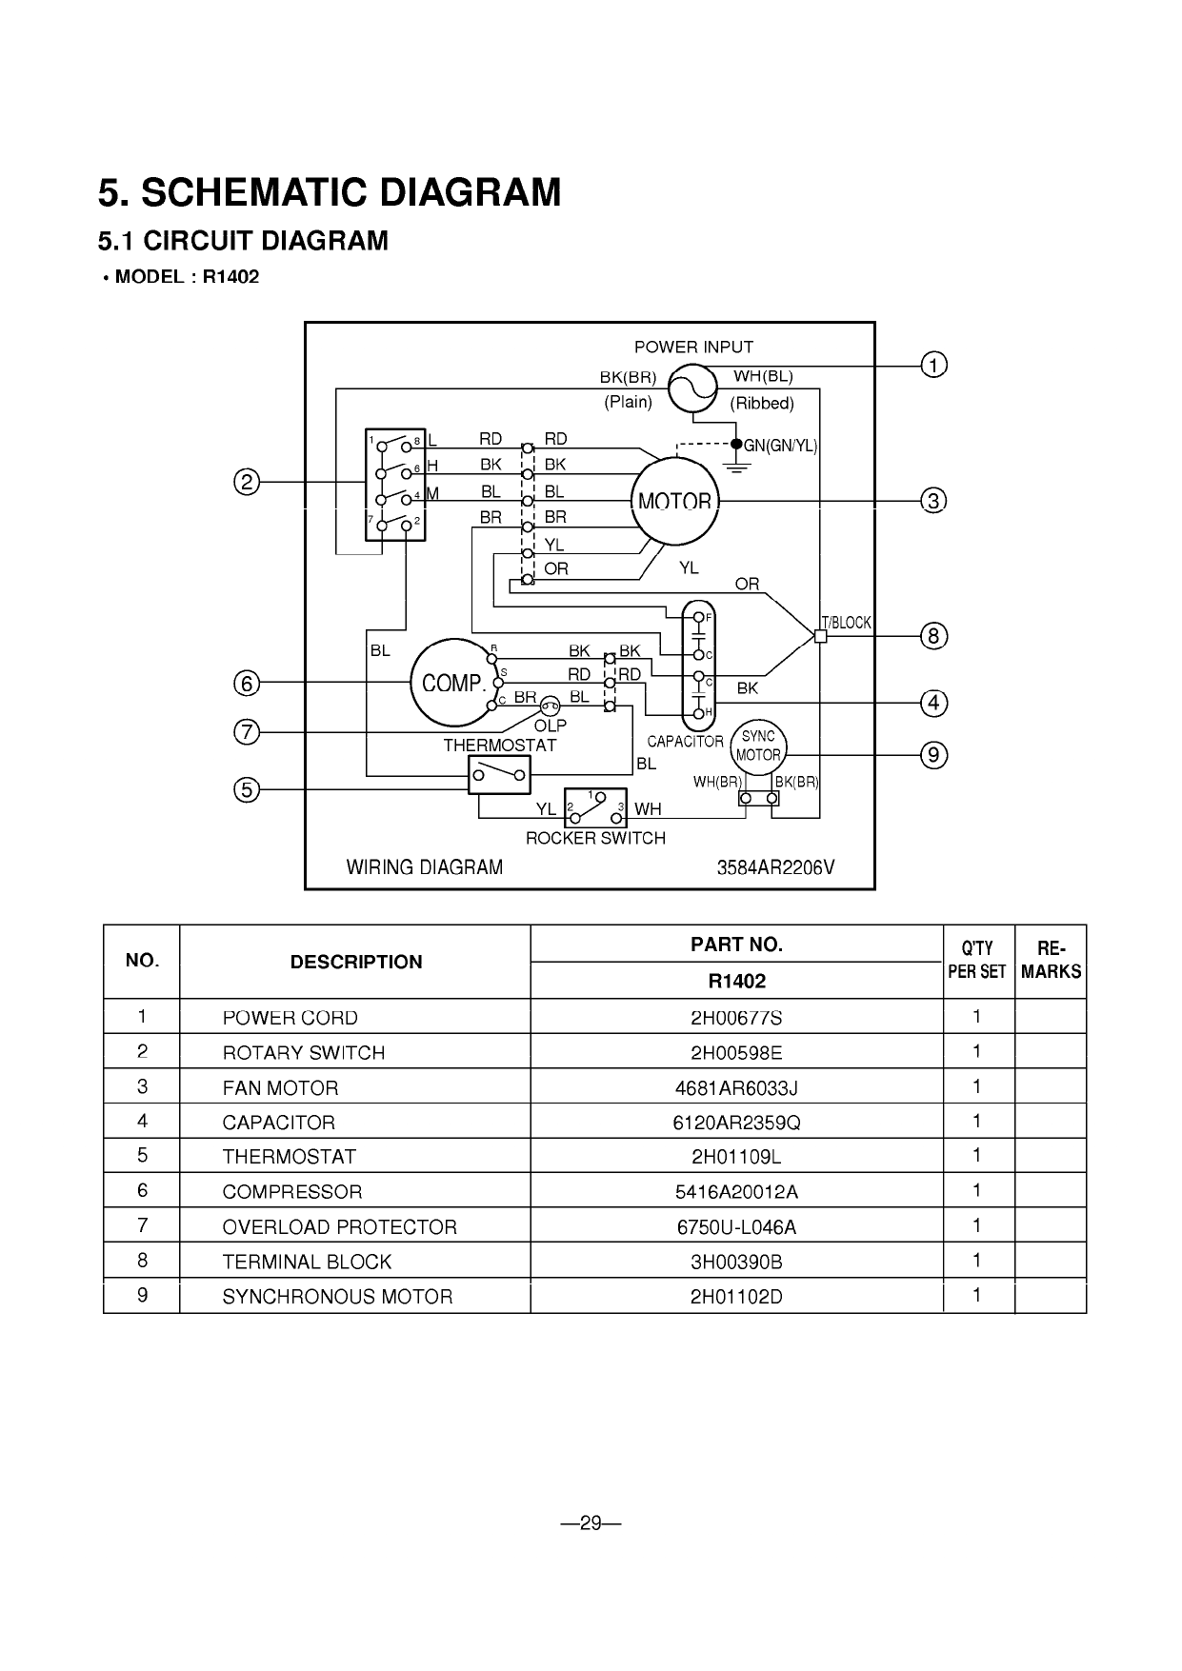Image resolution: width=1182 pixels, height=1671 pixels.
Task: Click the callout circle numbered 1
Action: click(x=933, y=365)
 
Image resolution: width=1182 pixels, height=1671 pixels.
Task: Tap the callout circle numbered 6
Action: click(x=247, y=683)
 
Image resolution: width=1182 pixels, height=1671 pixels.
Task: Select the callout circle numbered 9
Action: click(x=933, y=755)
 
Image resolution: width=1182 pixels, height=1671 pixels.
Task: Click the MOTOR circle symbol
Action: click(x=675, y=501)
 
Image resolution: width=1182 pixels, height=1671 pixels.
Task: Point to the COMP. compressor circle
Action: click(x=453, y=683)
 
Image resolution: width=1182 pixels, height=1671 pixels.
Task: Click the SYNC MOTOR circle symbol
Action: click(x=758, y=746)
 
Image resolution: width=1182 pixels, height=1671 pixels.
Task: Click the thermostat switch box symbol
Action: click(x=499, y=775)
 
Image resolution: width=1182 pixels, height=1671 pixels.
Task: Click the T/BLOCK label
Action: click(x=847, y=623)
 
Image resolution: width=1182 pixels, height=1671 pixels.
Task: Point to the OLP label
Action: click(x=551, y=726)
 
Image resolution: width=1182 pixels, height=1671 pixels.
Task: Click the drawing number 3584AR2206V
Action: click(x=775, y=867)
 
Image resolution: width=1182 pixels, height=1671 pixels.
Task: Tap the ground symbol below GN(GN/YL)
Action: click(x=736, y=465)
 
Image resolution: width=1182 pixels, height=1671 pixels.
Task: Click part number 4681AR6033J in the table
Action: click(x=736, y=1087)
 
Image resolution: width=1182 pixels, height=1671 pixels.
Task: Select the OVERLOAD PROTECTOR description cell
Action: click(x=340, y=1226)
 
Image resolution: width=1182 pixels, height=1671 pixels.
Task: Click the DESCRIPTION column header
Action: click(x=355, y=962)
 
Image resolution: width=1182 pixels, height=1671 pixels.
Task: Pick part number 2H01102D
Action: click(x=736, y=1296)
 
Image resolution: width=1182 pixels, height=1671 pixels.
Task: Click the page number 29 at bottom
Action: click(x=591, y=1523)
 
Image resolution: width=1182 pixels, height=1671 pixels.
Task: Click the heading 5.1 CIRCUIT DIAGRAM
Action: click(x=243, y=241)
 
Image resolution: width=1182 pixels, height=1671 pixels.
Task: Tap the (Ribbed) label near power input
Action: click(x=762, y=403)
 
